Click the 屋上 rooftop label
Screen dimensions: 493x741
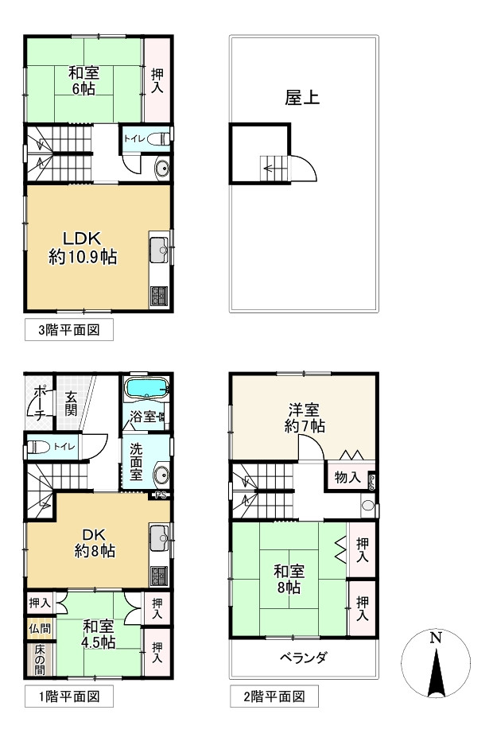[302, 97]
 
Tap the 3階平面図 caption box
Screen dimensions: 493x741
[69, 329]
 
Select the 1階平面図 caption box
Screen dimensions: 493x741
[69, 696]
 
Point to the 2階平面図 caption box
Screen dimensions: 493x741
[274, 696]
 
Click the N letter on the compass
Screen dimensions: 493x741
[435, 638]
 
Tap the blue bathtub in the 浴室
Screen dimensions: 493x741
[146, 389]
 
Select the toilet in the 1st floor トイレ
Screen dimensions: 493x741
[37, 447]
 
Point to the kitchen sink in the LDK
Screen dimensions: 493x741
[159, 250]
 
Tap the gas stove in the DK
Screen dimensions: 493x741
[159, 576]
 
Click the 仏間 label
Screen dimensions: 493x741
[40, 629]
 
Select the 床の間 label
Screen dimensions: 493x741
[40, 659]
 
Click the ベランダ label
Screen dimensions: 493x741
[303, 658]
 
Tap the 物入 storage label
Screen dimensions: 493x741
[347, 477]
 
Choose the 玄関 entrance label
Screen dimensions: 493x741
[71, 402]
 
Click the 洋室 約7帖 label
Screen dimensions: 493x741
[305, 417]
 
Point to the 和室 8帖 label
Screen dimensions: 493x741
[289, 580]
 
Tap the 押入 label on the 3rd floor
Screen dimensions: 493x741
[157, 81]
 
